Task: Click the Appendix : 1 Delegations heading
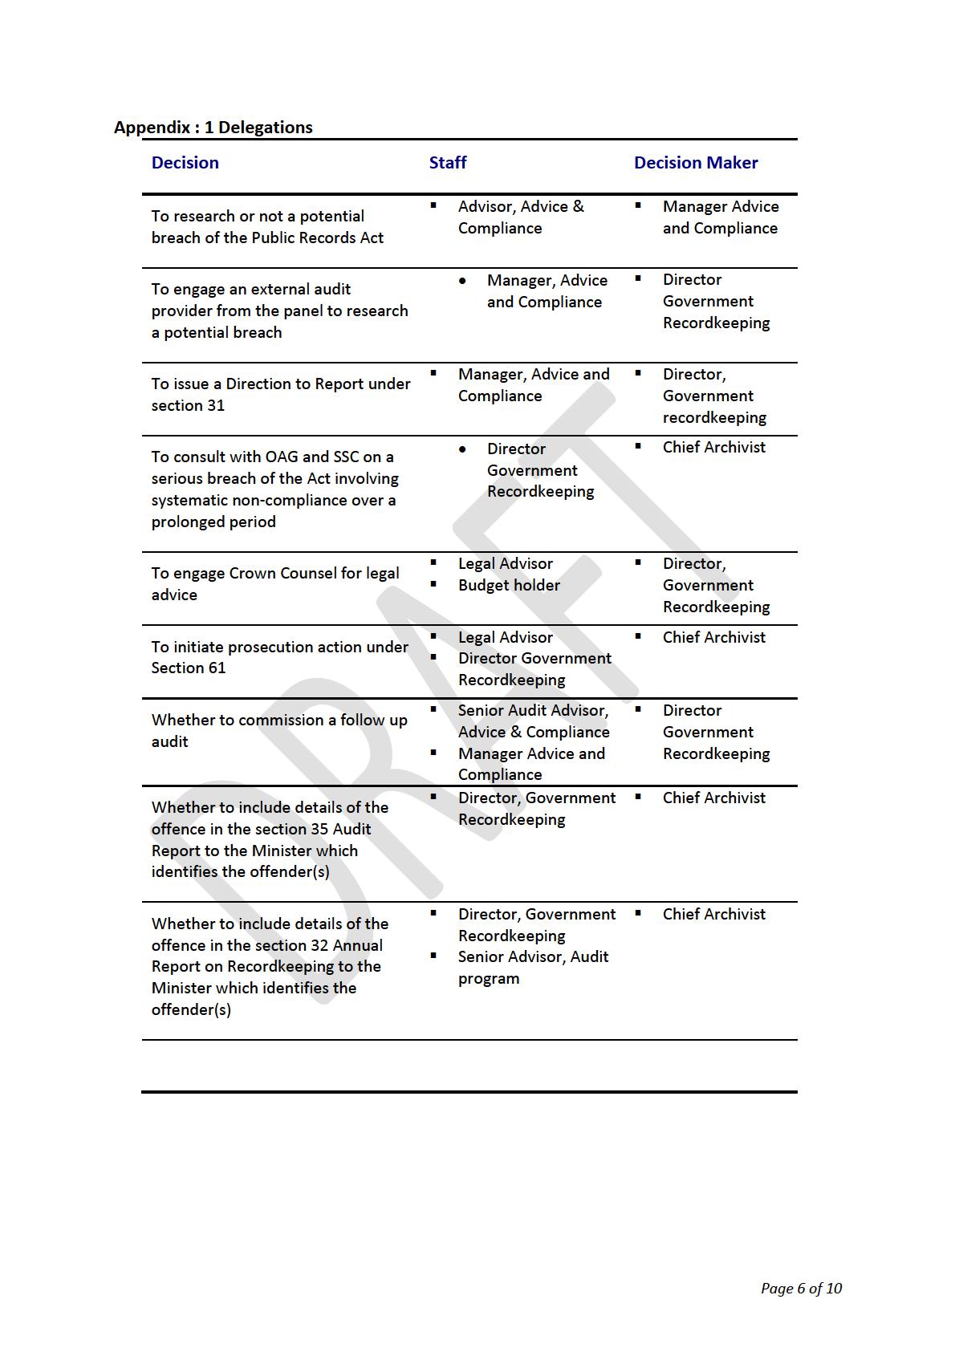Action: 213,128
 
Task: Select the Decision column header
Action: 185,163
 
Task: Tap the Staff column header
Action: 447,163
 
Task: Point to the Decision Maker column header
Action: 695,163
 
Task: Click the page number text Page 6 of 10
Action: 800,1289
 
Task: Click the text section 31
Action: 188,406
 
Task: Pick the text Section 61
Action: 188,668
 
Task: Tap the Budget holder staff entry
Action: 509,586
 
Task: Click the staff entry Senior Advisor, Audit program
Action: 533,968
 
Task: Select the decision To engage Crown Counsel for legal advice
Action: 274,584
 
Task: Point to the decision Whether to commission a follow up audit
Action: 278,731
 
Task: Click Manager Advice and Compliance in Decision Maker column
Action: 720,217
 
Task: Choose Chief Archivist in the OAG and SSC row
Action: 713,448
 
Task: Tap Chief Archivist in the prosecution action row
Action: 713,638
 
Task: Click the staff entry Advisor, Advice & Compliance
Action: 520,217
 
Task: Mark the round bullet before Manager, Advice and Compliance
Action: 462,281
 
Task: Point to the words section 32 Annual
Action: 319,946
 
